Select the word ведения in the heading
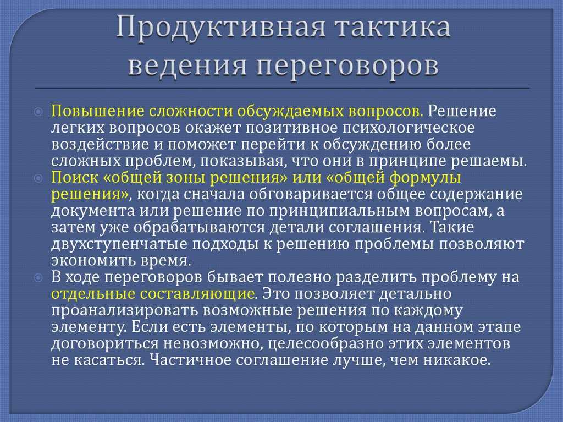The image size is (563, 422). (x=187, y=65)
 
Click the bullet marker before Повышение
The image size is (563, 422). (x=38, y=112)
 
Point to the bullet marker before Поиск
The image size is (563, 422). (x=38, y=178)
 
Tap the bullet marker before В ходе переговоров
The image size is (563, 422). (x=38, y=278)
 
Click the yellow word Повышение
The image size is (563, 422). (x=97, y=111)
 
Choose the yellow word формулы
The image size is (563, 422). (x=425, y=178)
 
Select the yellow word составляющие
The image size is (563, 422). (x=197, y=294)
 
